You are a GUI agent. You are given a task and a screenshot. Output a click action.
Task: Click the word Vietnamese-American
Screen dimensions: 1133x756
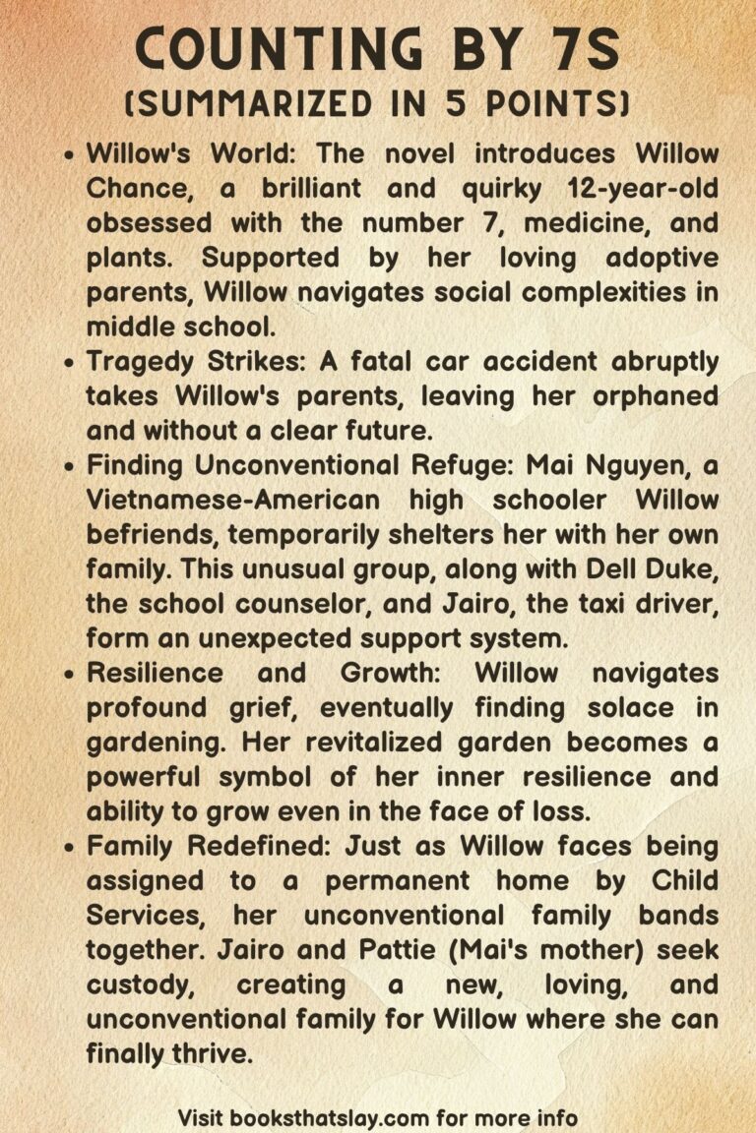[x=232, y=500]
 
